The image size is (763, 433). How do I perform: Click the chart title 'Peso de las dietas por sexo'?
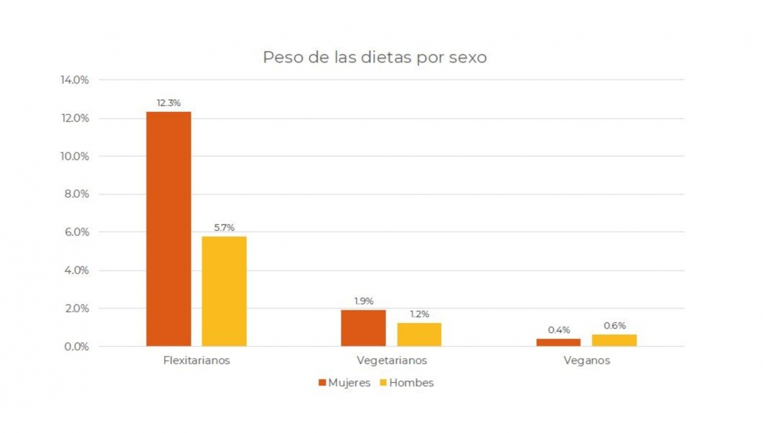click(375, 57)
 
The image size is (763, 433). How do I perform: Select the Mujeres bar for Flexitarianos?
click(168, 229)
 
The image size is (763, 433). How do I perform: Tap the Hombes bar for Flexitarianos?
click(224, 291)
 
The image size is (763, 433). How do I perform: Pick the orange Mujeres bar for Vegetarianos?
click(363, 328)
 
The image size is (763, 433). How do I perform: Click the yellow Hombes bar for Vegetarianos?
click(419, 334)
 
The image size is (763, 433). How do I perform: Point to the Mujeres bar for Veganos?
click(558, 342)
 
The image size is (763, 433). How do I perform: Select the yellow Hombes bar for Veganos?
click(614, 340)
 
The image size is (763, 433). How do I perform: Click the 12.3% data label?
click(168, 102)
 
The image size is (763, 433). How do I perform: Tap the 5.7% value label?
click(224, 227)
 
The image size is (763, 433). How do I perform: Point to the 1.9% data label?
click(363, 301)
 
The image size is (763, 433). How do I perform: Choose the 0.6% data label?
click(614, 326)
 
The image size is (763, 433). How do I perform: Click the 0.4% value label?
click(558, 330)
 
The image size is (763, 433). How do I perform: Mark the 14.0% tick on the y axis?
click(74, 80)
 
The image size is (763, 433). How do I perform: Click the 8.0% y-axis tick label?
click(74, 195)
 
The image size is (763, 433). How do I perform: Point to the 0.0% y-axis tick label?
click(74, 347)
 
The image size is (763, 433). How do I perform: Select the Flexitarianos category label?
click(196, 361)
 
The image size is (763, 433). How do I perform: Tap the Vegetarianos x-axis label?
click(392, 361)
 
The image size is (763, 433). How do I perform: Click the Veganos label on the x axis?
click(586, 361)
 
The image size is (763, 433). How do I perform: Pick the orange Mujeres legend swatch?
click(322, 383)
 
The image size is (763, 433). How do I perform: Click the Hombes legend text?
click(411, 383)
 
